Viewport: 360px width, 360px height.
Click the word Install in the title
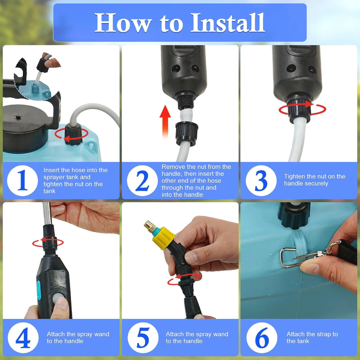click(x=227, y=22)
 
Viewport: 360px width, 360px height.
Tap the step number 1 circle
click(x=22, y=181)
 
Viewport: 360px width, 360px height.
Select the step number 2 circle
click(x=142, y=181)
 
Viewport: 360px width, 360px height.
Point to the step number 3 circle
click(x=261, y=181)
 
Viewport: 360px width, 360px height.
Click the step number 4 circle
click(x=23, y=338)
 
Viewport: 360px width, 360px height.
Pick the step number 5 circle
click(x=143, y=338)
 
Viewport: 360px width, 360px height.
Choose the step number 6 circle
click(x=262, y=338)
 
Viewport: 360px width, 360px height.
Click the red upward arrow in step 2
click(x=165, y=122)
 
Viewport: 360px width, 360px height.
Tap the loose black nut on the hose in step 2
click(x=187, y=133)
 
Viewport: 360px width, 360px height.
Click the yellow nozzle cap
click(x=163, y=238)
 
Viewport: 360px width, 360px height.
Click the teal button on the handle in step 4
click(x=39, y=290)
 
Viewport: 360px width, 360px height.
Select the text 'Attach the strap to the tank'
click(x=312, y=337)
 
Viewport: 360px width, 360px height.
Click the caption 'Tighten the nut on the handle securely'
click(x=315, y=180)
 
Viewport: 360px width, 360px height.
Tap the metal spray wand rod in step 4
click(x=47, y=213)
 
